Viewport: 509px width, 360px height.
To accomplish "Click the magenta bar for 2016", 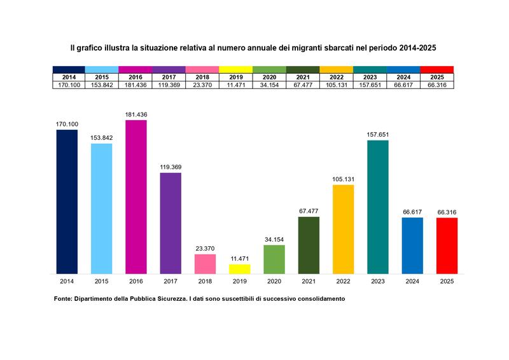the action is coord(136,197).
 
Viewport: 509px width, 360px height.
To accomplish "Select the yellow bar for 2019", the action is coord(240,269).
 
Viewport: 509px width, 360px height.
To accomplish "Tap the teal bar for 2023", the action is coord(378,207).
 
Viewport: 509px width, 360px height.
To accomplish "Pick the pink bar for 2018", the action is coord(205,264).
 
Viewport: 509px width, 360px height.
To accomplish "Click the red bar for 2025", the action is coord(447,246).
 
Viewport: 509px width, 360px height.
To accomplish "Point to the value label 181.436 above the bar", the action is coord(136,114).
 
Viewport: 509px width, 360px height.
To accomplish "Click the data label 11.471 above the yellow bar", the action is coord(240,259).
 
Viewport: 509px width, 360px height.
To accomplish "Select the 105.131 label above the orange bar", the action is coord(344,179).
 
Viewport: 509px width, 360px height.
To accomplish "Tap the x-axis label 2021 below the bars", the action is coord(309,281).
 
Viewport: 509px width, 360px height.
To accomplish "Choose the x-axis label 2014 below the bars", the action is coord(67,281).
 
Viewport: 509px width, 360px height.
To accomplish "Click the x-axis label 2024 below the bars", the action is coord(412,281).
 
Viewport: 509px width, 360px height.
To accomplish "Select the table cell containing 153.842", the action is coord(102,85).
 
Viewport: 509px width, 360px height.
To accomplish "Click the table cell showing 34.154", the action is coord(269,85).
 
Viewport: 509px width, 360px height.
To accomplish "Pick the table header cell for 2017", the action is coord(169,77).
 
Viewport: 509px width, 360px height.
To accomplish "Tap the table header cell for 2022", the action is coord(337,77).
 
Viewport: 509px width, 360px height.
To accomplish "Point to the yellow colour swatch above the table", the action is coord(236,69).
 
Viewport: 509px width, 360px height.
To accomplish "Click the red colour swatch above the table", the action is coord(437,69).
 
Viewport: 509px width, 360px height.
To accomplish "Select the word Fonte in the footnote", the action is coord(62,299).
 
